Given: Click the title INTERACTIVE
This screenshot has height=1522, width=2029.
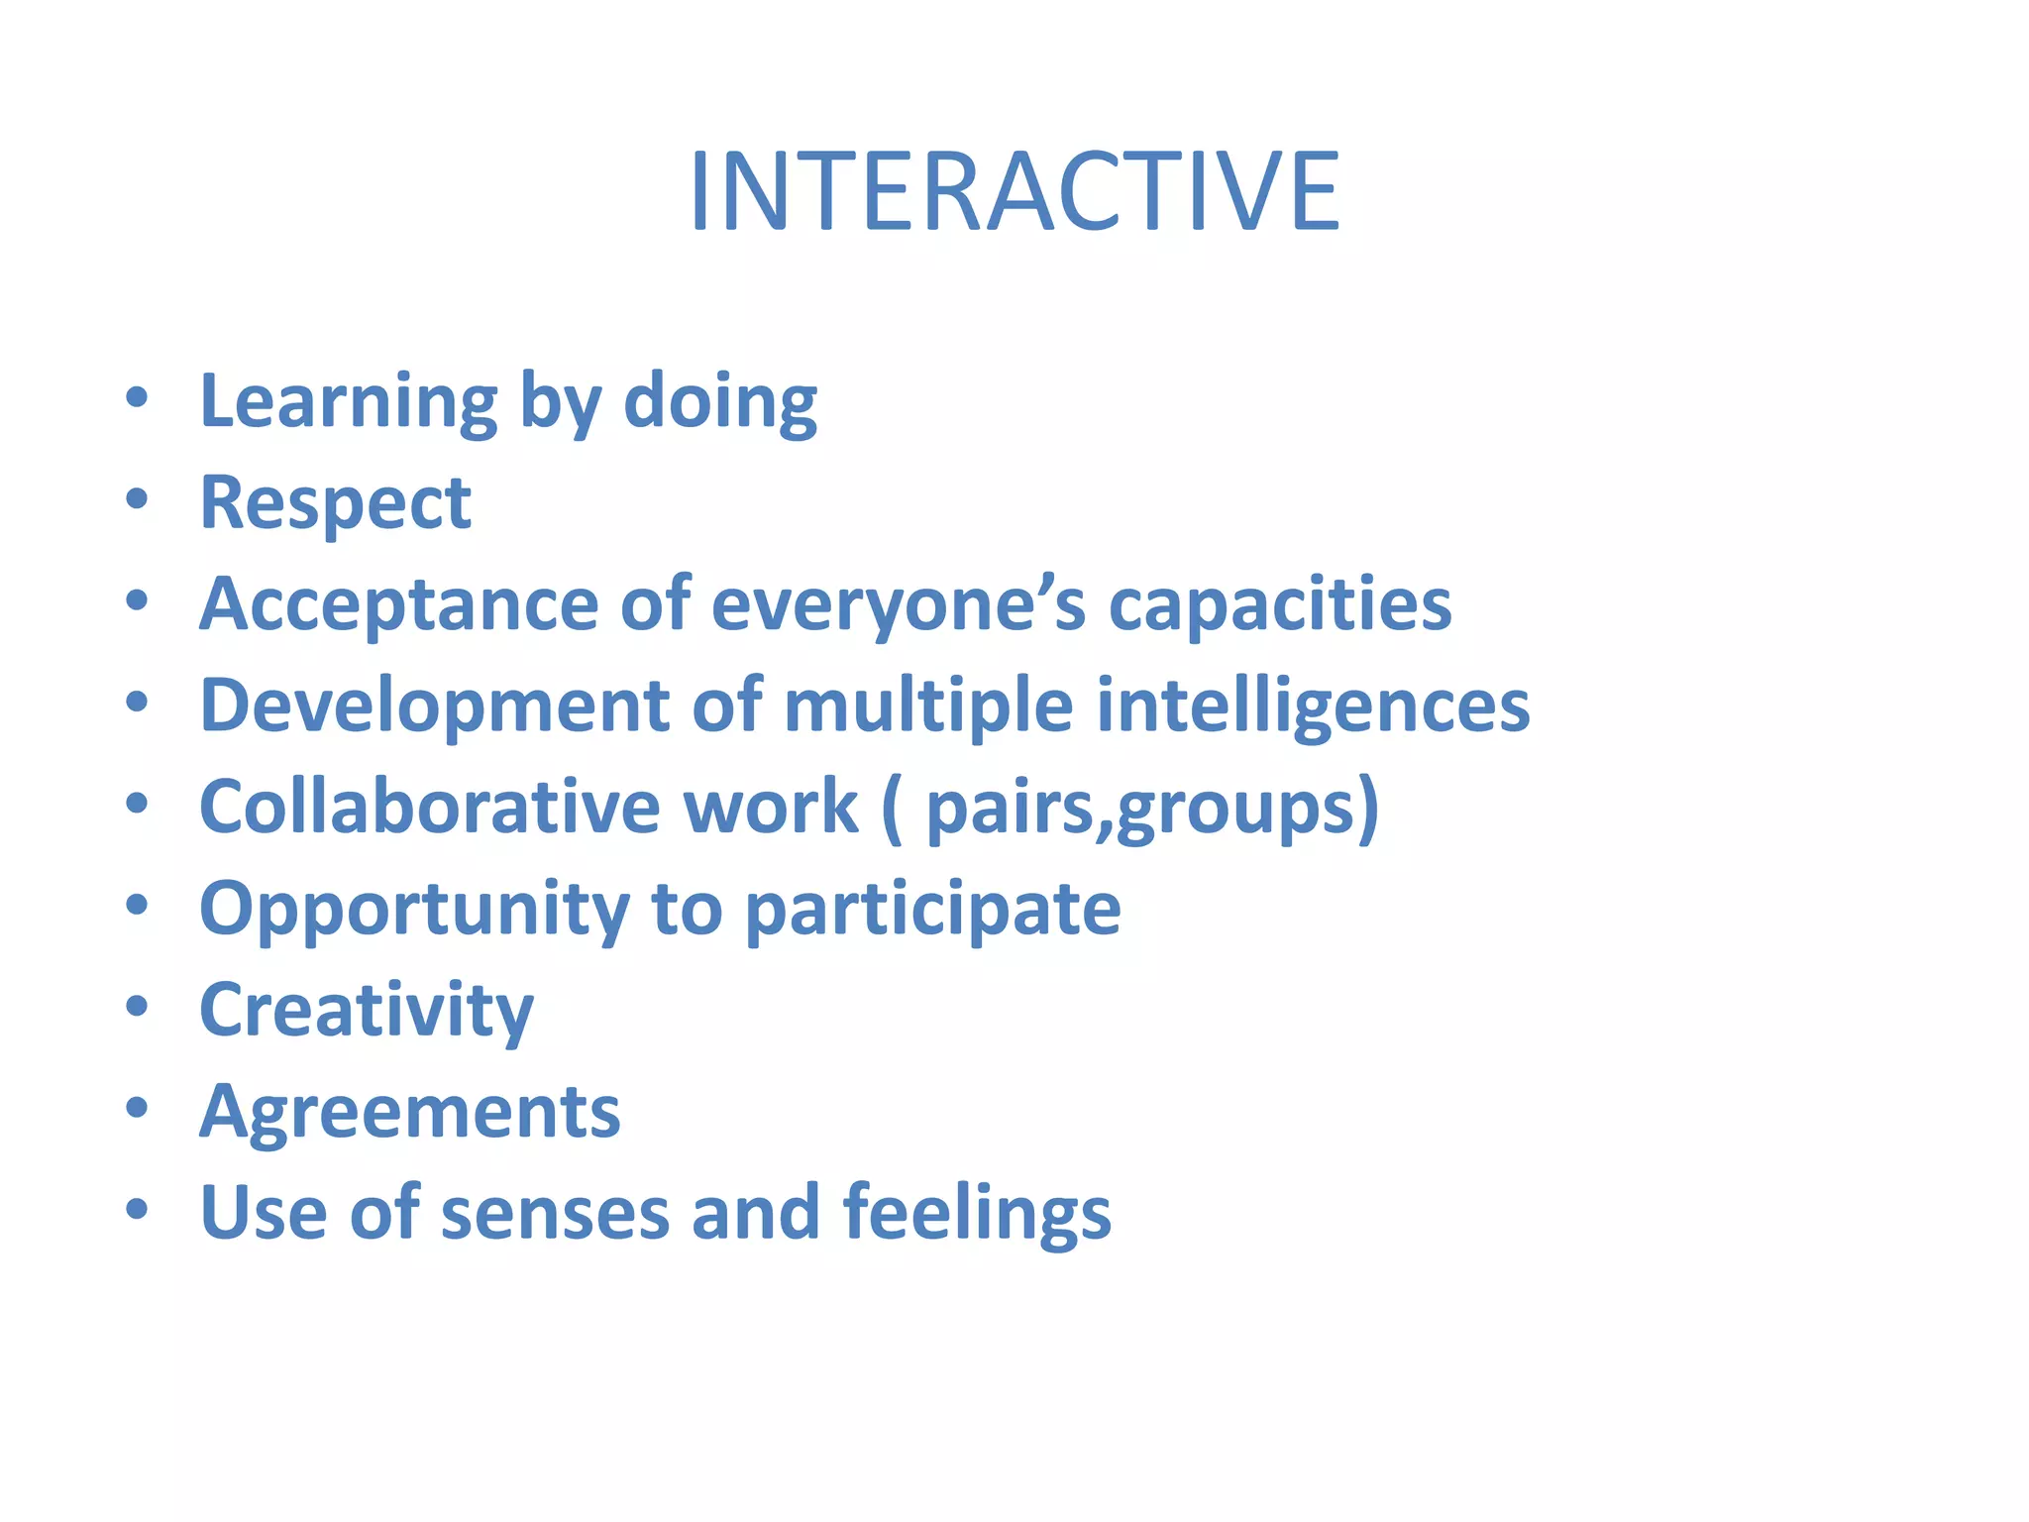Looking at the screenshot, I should (1014, 190).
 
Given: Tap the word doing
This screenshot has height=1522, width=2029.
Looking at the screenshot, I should (720, 402).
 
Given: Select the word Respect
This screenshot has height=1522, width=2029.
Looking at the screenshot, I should (335, 503).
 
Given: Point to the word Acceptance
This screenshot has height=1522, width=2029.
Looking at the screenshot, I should (398, 604).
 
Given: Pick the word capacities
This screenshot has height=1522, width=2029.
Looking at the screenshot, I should (1279, 604).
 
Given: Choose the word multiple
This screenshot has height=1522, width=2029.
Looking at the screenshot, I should (928, 706).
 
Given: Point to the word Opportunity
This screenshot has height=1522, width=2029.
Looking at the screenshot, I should (414, 910).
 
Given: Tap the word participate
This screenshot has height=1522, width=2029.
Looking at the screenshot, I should (932, 910).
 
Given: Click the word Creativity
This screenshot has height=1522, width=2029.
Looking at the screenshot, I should (367, 1011).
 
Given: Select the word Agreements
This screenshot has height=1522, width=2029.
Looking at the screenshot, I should (410, 1112).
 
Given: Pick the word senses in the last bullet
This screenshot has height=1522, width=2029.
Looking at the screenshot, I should (555, 1213).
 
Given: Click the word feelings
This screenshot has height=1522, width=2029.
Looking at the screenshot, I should (977, 1213).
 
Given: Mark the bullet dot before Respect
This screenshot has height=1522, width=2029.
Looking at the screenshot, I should (137, 498).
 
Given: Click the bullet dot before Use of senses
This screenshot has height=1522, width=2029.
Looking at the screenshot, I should (137, 1208).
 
